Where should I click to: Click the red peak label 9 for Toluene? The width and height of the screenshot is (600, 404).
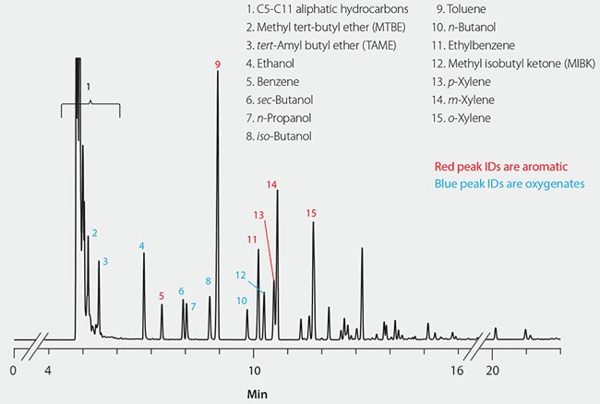click(x=218, y=64)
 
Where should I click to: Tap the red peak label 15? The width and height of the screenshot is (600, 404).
click(x=312, y=213)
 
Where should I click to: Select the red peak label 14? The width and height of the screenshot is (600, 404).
click(x=272, y=184)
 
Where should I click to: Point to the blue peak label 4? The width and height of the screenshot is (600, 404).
click(x=142, y=245)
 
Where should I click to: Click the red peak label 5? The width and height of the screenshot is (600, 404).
click(x=162, y=296)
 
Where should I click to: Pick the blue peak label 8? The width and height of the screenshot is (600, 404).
click(x=209, y=280)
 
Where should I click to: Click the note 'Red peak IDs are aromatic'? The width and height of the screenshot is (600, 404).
click(x=495, y=166)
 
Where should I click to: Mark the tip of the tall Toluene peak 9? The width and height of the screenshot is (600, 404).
click(x=218, y=72)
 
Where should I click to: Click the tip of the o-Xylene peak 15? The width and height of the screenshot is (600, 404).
click(x=314, y=222)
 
